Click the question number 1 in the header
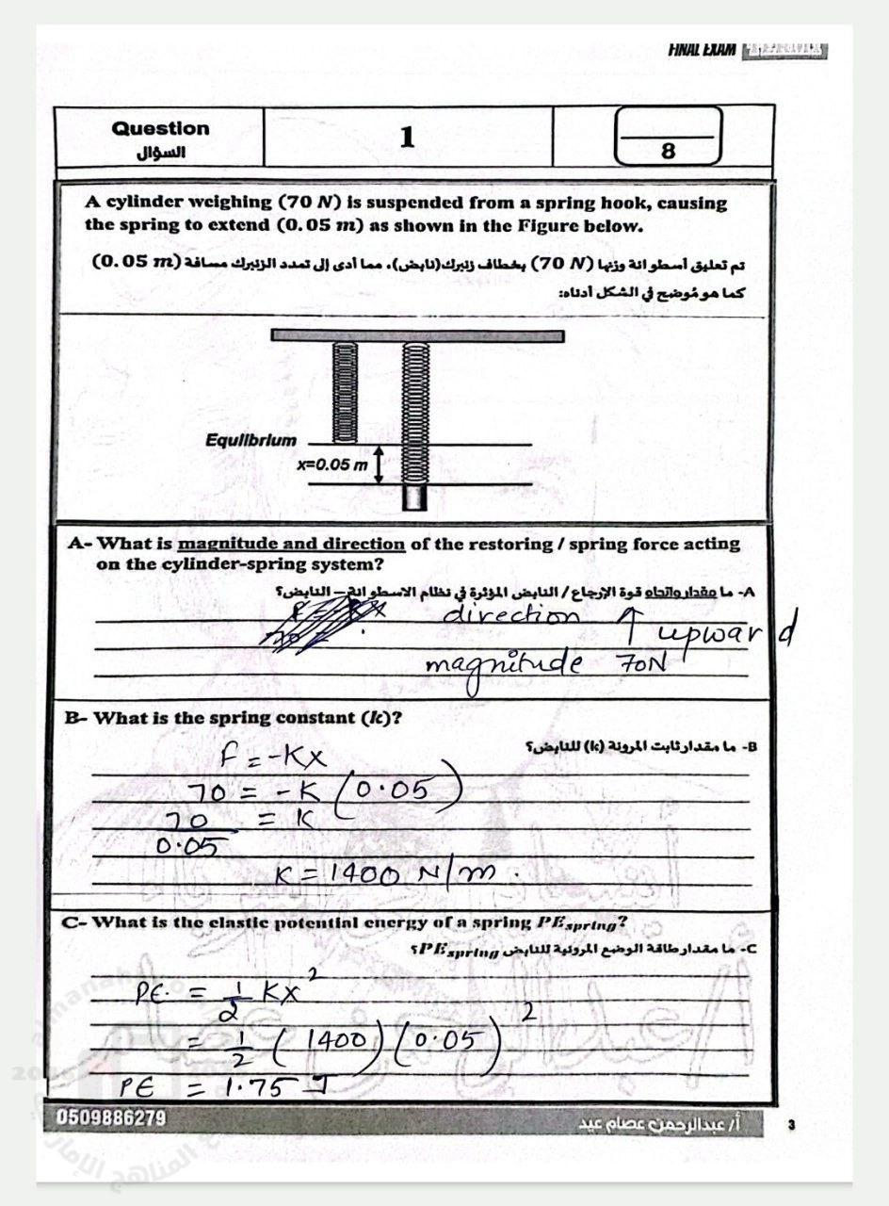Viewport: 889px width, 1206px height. [407, 138]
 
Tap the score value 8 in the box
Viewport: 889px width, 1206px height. [669, 151]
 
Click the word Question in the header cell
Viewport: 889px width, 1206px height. [160, 128]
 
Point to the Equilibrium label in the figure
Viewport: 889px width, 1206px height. [251, 440]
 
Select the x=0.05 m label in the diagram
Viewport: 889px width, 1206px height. [332, 465]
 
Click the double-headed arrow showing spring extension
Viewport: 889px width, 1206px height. [379, 465]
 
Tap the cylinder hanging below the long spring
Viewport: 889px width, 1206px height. [414, 497]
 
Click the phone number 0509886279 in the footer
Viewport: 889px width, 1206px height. [112, 1119]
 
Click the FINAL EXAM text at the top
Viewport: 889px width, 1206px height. [702, 49]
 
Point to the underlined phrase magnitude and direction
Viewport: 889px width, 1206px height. [291, 544]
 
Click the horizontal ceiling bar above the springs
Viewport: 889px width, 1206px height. [417, 335]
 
